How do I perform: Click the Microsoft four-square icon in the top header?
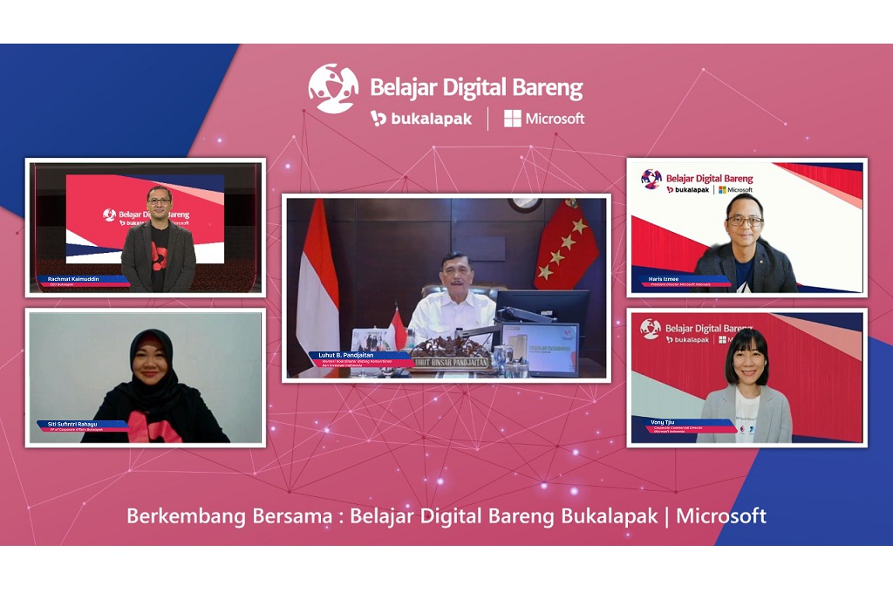[513, 119]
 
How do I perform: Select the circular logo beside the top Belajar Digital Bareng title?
[333, 88]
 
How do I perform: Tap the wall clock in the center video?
[524, 203]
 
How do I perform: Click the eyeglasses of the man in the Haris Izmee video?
[744, 222]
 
